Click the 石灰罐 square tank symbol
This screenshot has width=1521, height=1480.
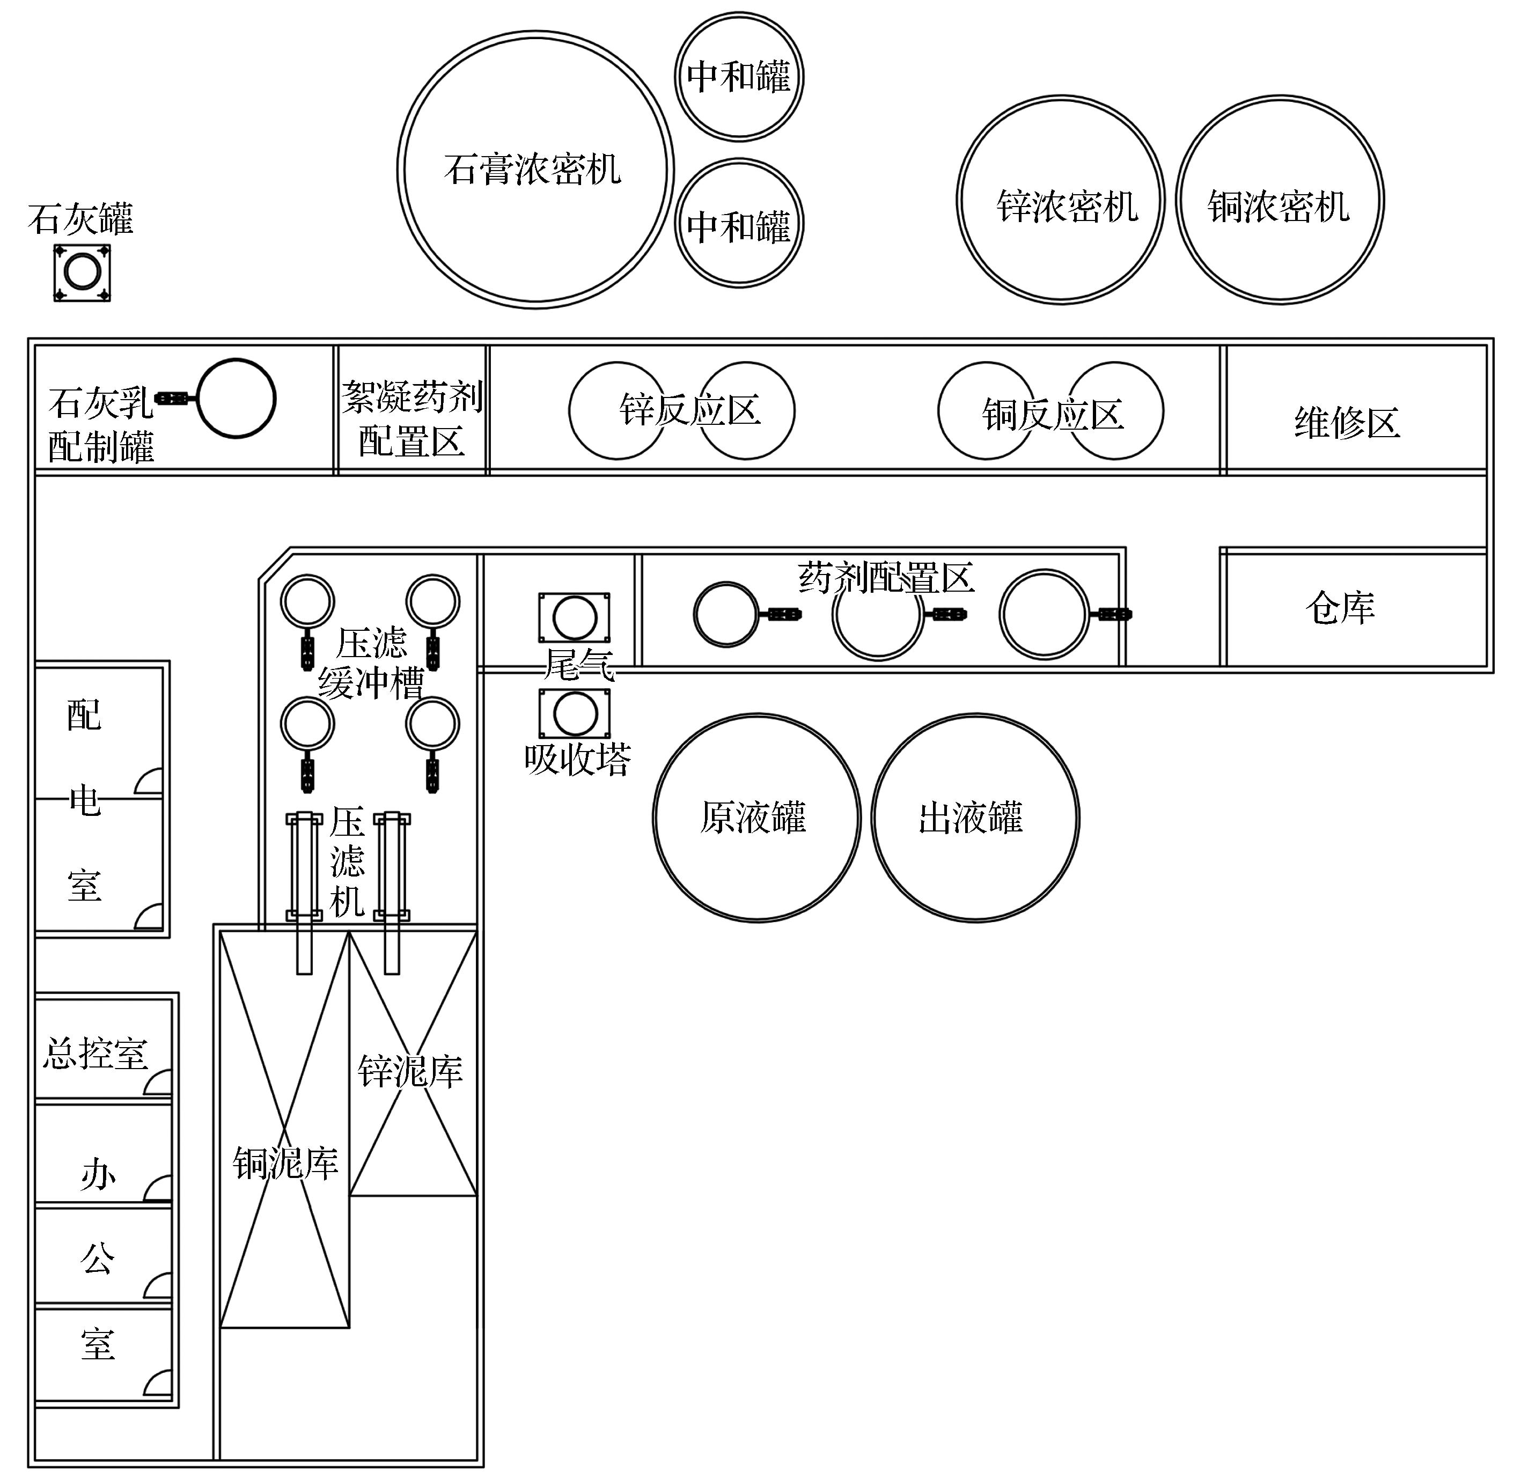click(x=82, y=273)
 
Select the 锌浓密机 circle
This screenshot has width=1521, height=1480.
click(x=1061, y=200)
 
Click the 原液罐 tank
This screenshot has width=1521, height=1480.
click(x=756, y=818)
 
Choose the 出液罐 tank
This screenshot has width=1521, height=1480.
click(x=975, y=818)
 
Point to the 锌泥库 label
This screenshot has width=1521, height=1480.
click(x=410, y=1071)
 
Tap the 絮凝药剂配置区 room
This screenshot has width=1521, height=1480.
click(x=412, y=418)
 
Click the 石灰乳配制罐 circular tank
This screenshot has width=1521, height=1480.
click(x=236, y=399)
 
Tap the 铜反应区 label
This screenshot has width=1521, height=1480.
click(x=1052, y=414)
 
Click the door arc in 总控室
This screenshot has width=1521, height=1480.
click(x=157, y=1084)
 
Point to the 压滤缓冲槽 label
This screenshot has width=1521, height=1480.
click(x=371, y=663)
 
